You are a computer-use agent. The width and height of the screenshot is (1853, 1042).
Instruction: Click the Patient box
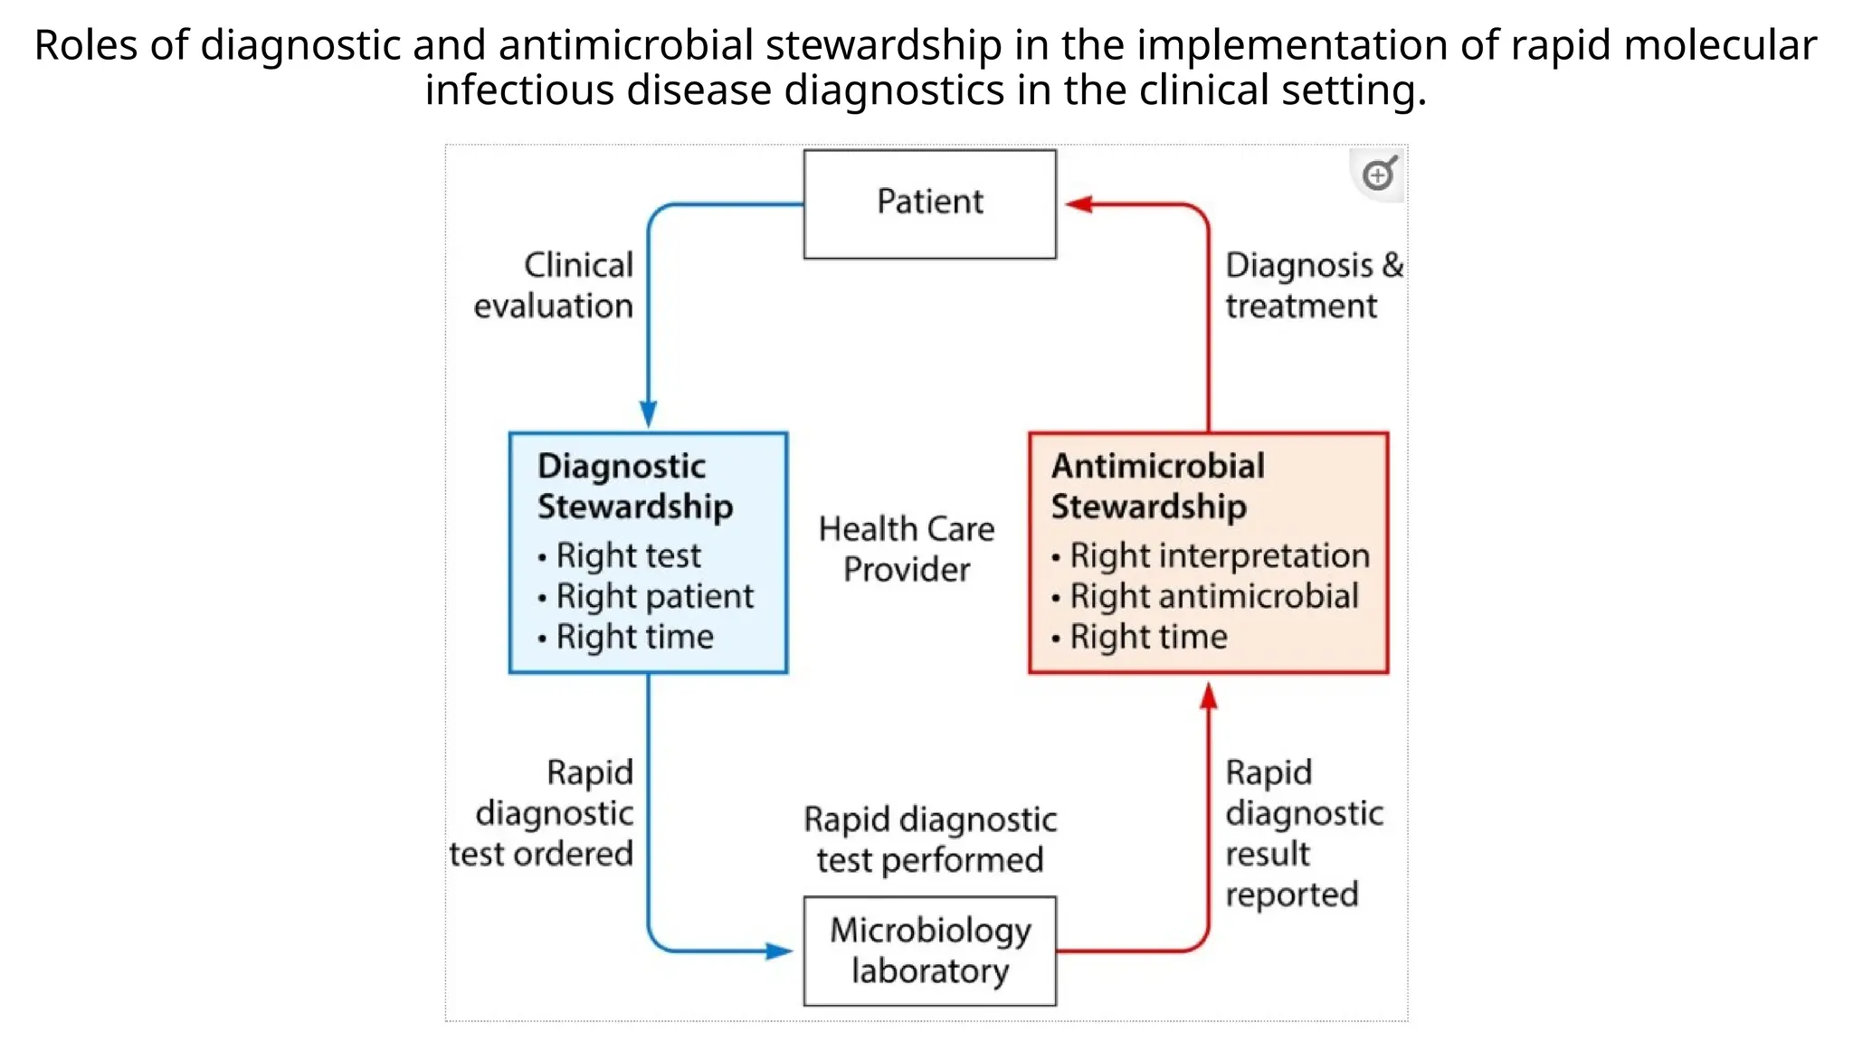tap(929, 204)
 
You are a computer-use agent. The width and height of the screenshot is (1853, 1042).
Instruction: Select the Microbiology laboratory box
tap(929, 951)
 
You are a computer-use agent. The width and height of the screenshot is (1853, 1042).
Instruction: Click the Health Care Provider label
tap(907, 549)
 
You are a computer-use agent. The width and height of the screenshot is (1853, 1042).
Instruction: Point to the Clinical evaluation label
tap(554, 285)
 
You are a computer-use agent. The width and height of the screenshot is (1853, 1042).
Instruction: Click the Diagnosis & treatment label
tap(1313, 285)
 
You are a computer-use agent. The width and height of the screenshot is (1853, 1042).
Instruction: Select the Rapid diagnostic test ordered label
tap(543, 812)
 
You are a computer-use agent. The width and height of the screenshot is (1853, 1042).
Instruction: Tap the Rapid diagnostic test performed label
tap(929, 838)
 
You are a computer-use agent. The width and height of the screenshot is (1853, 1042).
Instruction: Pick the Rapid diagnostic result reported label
tap(1303, 832)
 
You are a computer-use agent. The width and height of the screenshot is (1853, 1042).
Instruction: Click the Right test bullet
tap(628, 555)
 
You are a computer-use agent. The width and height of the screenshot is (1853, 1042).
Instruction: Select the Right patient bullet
tap(654, 596)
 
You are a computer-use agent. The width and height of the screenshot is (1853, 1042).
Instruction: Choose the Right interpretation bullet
tap(1219, 555)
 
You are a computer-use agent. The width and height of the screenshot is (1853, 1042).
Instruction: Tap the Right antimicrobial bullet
tap(1213, 596)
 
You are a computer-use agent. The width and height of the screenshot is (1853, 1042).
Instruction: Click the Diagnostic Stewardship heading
tap(634, 486)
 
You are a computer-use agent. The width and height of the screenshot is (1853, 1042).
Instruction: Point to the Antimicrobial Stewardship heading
tap(1157, 486)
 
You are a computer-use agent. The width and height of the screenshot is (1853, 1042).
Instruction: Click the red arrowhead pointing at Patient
tap(1079, 204)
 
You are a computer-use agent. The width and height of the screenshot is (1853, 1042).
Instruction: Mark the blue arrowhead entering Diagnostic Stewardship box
tap(649, 414)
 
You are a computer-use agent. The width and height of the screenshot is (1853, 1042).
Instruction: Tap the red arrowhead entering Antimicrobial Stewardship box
tap(1209, 696)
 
